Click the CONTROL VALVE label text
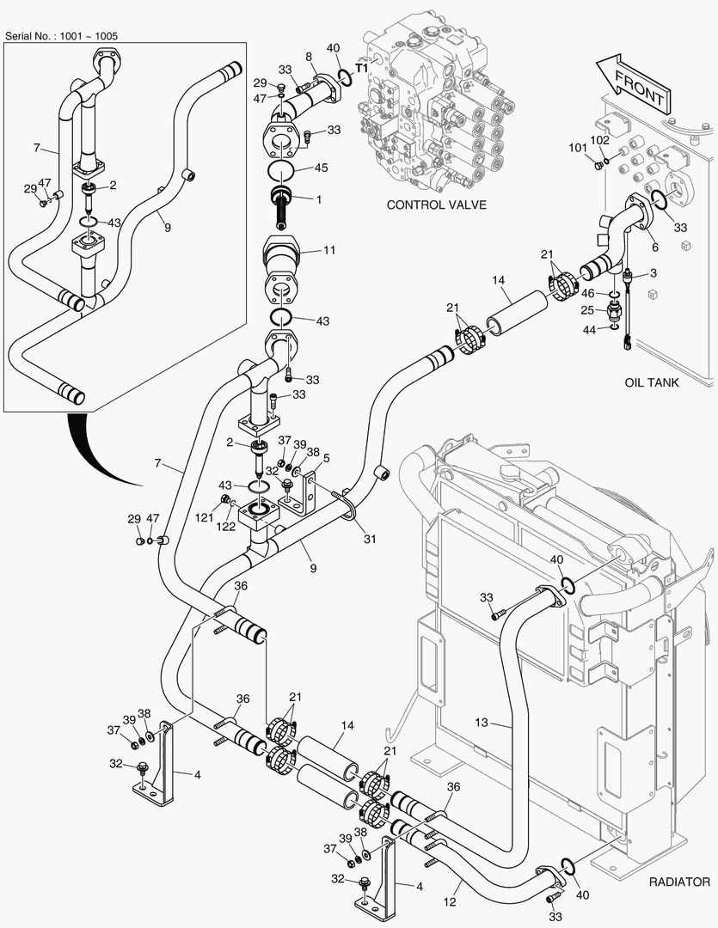coord(436,205)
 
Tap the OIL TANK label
coord(651,382)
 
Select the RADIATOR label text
coord(678,882)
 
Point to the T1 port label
coord(362,66)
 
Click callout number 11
coord(328,250)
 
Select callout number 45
coord(322,168)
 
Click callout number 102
coord(599,139)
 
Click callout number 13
coord(482,723)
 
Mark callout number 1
coord(319,199)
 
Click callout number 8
coord(308,56)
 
